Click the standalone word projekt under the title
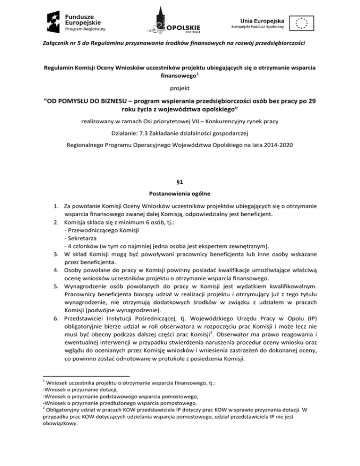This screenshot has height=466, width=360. pos(180,87)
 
